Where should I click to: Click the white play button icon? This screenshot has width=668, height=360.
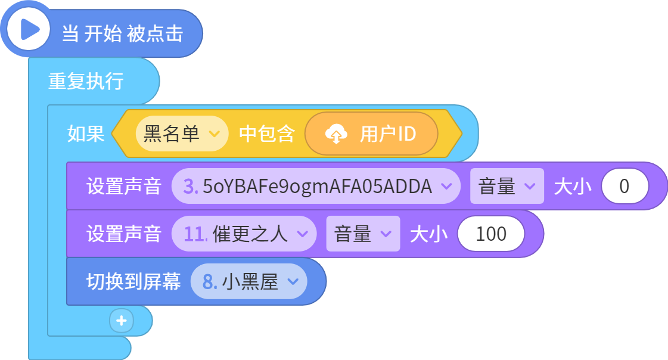point(29,30)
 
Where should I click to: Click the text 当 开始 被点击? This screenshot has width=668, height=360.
point(123,33)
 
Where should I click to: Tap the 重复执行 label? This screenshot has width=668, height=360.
point(86,81)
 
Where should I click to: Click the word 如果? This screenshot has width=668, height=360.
point(86,134)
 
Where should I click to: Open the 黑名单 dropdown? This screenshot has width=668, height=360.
point(182,134)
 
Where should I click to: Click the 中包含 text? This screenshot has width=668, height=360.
point(267,134)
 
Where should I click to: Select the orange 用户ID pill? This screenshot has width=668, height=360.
point(371,134)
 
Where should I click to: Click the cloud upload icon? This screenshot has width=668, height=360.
point(336,134)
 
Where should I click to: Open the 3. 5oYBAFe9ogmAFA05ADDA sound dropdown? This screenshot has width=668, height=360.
point(316,186)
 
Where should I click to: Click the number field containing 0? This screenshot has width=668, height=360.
point(624,186)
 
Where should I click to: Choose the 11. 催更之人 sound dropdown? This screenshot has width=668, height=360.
point(244,234)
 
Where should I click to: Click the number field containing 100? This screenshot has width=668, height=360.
point(491,234)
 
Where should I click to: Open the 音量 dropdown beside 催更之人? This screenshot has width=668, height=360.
point(363,234)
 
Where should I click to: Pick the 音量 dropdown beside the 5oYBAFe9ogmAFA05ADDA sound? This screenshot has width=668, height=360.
point(507,186)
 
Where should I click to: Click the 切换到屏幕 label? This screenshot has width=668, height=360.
point(133,281)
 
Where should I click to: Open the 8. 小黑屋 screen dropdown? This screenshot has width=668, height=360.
point(249,281)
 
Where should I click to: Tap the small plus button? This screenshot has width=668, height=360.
point(122,321)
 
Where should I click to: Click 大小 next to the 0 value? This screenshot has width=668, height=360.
point(573,186)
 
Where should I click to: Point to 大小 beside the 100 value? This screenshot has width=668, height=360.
point(429,234)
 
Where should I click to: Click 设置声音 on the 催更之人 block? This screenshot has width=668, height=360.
point(124,234)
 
